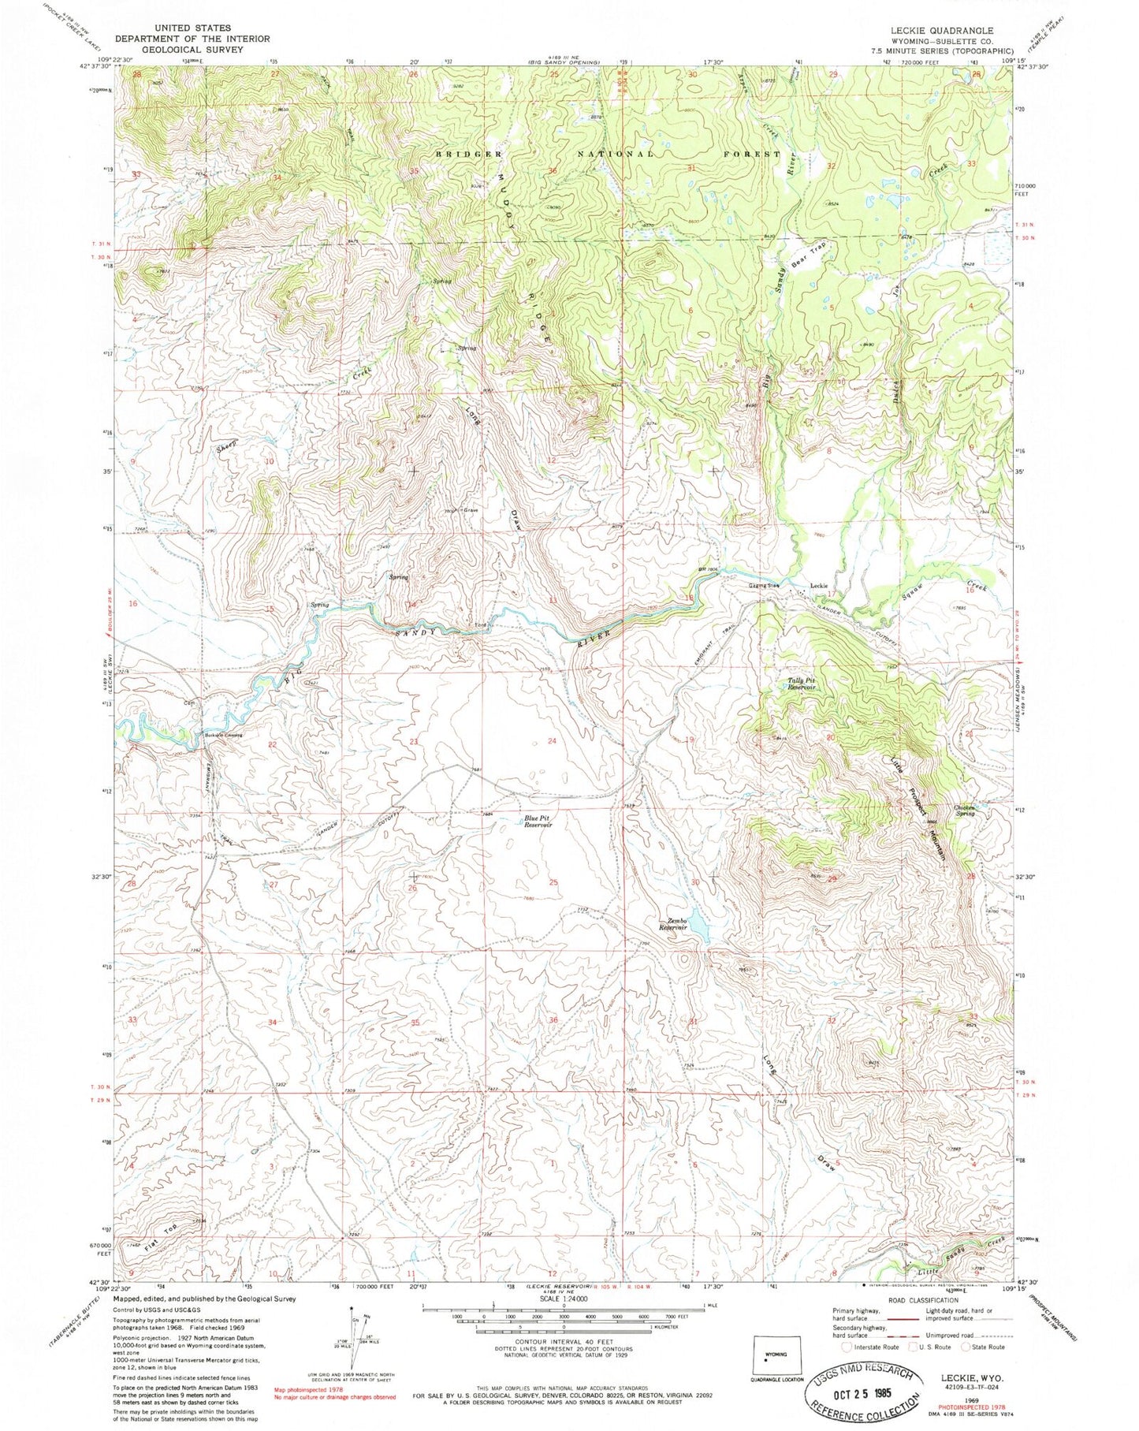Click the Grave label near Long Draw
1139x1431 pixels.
(x=471, y=511)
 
